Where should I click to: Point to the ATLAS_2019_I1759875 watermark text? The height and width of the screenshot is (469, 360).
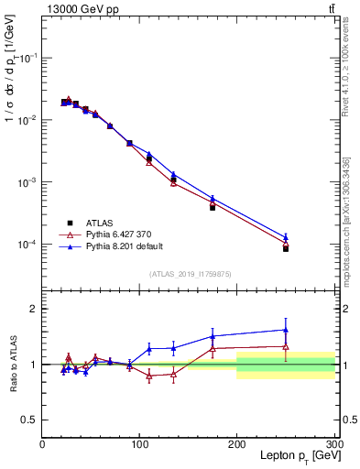click(x=191, y=274)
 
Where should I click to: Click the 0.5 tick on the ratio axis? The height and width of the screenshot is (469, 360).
click(x=29, y=420)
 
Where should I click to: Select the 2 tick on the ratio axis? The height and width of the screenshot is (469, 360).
click(x=34, y=309)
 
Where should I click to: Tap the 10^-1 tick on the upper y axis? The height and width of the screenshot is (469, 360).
click(x=27, y=58)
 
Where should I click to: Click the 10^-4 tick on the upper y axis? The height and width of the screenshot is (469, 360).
click(x=27, y=245)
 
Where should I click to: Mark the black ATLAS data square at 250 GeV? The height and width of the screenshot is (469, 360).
click(x=286, y=248)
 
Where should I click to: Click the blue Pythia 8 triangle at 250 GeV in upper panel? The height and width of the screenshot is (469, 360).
click(x=286, y=237)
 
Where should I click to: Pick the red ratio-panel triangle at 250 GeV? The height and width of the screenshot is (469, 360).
click(x=286, y=347)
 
